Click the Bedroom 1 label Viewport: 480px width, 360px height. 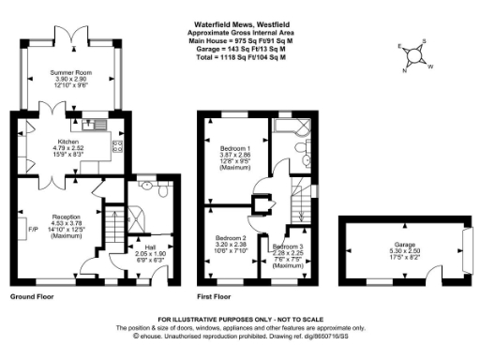(236, 148)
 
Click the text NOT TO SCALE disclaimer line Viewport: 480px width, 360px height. (241, 320)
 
